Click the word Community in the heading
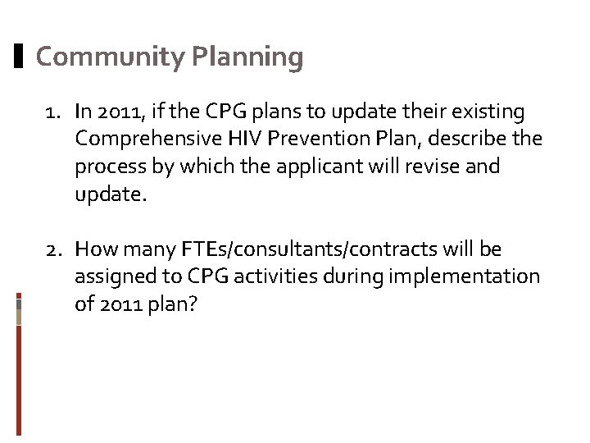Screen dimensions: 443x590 point(111,57)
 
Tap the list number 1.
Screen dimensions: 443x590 point(52,111)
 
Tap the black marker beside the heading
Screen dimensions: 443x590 point(19,57)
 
